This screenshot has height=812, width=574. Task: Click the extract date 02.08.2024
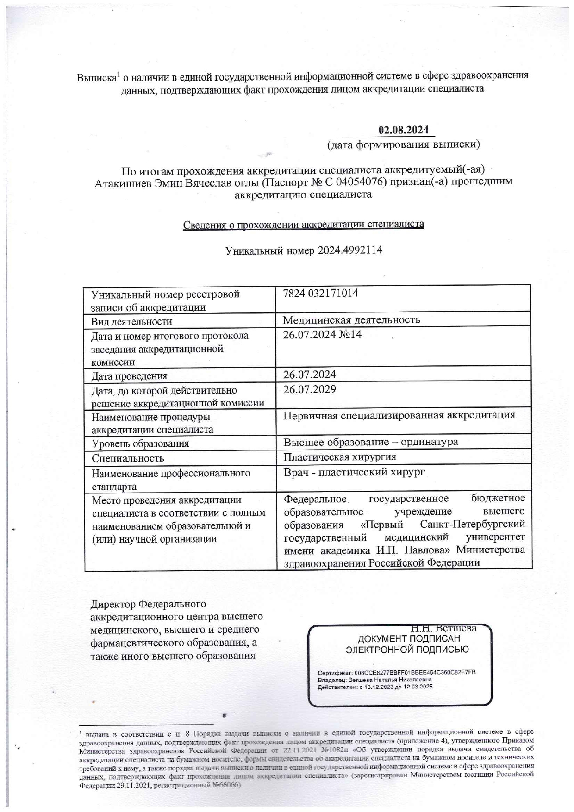point(403,130)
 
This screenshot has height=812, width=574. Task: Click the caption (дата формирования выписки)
point(403,144)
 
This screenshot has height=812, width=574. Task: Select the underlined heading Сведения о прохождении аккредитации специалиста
point(303,225)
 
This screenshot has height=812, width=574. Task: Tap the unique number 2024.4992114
point(349,250)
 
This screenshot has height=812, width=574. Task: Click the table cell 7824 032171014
point(320,293)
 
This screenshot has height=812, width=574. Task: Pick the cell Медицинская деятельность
point(351,320)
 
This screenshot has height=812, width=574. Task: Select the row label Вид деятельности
point(131,321)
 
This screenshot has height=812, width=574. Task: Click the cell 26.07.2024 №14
point(322,334)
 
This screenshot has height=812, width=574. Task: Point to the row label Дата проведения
point(129,376)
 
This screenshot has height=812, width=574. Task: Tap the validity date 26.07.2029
point(310,389)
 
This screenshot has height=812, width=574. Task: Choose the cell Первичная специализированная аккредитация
point(399,415)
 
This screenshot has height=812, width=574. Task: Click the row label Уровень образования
point(140,443)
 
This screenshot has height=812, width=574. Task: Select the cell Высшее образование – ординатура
point(371,442)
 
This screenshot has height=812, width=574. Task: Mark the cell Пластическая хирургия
point(340,457)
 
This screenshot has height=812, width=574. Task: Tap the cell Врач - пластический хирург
point(354,472)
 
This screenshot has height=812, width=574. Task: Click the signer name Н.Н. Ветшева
point(443,629)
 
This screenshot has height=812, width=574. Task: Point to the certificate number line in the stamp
point(397,672)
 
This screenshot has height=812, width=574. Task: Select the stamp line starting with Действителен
point(375,687)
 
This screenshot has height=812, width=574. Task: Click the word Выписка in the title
point(96,77)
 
